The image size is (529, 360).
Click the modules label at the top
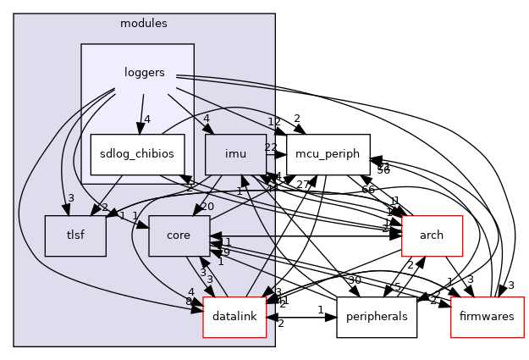(x=144, y=23)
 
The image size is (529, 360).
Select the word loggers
(x=144, y=73)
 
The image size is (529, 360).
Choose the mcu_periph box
(x=328, y=154)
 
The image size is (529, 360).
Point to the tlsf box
(x=75, y=236)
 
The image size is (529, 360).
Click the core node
(x=179, y=236)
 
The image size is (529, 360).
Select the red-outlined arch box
(x=432, y=236)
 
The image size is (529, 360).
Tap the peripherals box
(x=377, y=318)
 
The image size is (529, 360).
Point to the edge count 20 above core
(x=207, y=207)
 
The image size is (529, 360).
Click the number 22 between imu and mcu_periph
(x=271, y=148)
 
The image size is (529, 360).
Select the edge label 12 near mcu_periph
(x=273, y=122)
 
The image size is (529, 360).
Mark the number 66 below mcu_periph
(x=368, y=189)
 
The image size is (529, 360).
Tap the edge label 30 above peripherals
(x=354, y=280)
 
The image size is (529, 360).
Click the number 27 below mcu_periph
(x=302, y=184)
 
